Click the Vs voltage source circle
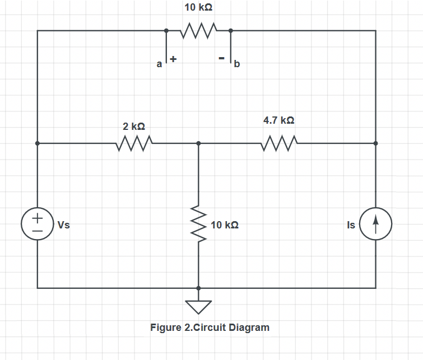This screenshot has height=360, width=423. click(38, 225)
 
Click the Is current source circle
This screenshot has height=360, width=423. click(375, 225)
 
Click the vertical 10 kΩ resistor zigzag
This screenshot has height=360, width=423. click(198, 226)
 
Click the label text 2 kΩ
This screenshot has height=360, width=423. click(134, 127)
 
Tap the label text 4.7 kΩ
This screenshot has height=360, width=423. click(278, 120)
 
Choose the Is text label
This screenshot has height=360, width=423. click(351, 225)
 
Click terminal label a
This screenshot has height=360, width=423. click(159, 64)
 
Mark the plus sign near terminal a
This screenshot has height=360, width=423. click(173, 58)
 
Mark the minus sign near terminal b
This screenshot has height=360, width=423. click(222, 58)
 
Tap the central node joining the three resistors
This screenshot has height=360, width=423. click(198, 144)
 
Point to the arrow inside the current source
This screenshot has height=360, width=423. click(375, 225)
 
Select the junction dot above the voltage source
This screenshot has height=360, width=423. click(38, 144)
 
